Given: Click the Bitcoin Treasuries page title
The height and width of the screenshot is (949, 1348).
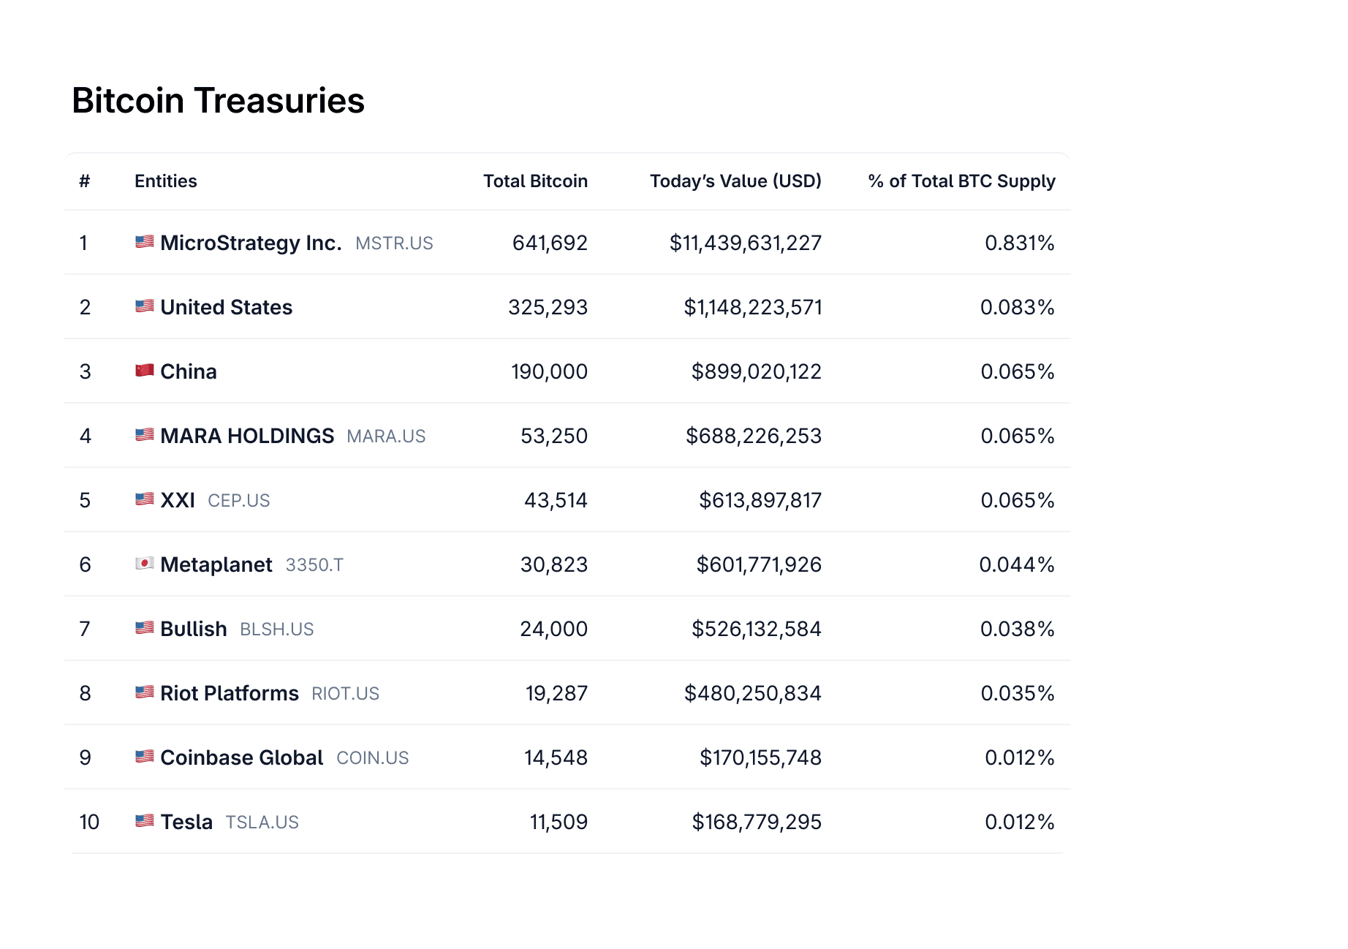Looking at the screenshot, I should click(218, 101).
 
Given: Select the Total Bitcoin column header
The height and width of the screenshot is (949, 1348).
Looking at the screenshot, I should click(535, 181).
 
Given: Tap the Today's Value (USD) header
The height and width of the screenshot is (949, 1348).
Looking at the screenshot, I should click(735, 181).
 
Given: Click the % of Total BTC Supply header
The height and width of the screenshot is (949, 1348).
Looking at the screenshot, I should click(961, 181).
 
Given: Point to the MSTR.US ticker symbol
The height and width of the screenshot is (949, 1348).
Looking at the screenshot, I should click(394, 243).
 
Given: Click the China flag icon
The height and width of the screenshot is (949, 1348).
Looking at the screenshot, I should click(145, 371).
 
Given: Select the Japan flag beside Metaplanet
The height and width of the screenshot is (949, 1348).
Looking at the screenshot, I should click(145, 564).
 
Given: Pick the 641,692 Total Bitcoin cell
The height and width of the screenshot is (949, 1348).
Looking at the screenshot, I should click(550, 243).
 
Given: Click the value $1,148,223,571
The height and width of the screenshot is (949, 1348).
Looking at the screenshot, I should click(752, 307).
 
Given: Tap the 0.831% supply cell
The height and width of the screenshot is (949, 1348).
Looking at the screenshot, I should click(1019, 243).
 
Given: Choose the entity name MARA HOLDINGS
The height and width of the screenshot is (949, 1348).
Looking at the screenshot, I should click(247, 436).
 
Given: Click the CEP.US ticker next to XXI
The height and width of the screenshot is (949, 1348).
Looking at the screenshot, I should click(238, 501).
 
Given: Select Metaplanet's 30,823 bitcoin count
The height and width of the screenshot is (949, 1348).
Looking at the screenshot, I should click(553, 564).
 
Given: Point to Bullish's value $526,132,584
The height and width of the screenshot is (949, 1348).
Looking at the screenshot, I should click(756, 629).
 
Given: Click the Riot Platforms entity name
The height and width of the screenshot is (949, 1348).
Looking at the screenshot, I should click(230, 693).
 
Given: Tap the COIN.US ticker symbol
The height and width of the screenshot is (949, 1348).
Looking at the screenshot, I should click(372, 758).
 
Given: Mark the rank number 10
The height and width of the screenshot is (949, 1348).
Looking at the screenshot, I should click(89, 822).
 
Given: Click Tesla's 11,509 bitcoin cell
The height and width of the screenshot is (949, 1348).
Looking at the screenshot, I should click(558, 822).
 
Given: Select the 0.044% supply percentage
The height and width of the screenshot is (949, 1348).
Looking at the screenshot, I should click(1016, 564).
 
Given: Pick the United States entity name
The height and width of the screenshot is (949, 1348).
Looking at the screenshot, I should click(226, 307).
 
